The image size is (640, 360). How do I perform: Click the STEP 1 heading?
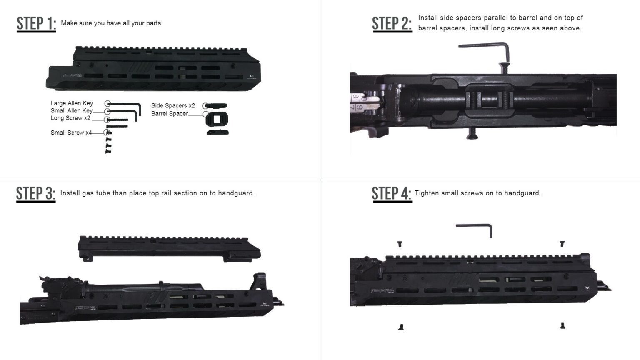36,24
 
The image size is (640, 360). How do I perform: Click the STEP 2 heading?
392,24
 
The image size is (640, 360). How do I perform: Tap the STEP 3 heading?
36,194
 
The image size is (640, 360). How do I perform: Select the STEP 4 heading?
392,194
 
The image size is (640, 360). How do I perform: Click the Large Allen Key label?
72,103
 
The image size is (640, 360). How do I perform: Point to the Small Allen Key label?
72,111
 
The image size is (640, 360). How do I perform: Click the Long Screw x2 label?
70,118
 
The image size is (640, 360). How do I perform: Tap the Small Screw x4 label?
71,133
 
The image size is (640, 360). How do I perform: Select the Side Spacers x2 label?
173,106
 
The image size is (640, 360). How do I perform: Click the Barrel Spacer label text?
170,114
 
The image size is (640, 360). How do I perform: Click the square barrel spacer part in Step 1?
217,119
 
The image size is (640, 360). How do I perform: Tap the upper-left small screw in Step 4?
400,244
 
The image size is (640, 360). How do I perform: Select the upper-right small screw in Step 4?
562,243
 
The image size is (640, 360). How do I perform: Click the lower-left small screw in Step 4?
401,327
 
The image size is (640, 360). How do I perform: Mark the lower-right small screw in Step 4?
562,325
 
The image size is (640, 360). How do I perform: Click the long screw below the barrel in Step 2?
472,133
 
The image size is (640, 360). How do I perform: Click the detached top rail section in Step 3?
169,248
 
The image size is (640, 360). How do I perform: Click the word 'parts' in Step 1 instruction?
153,23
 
